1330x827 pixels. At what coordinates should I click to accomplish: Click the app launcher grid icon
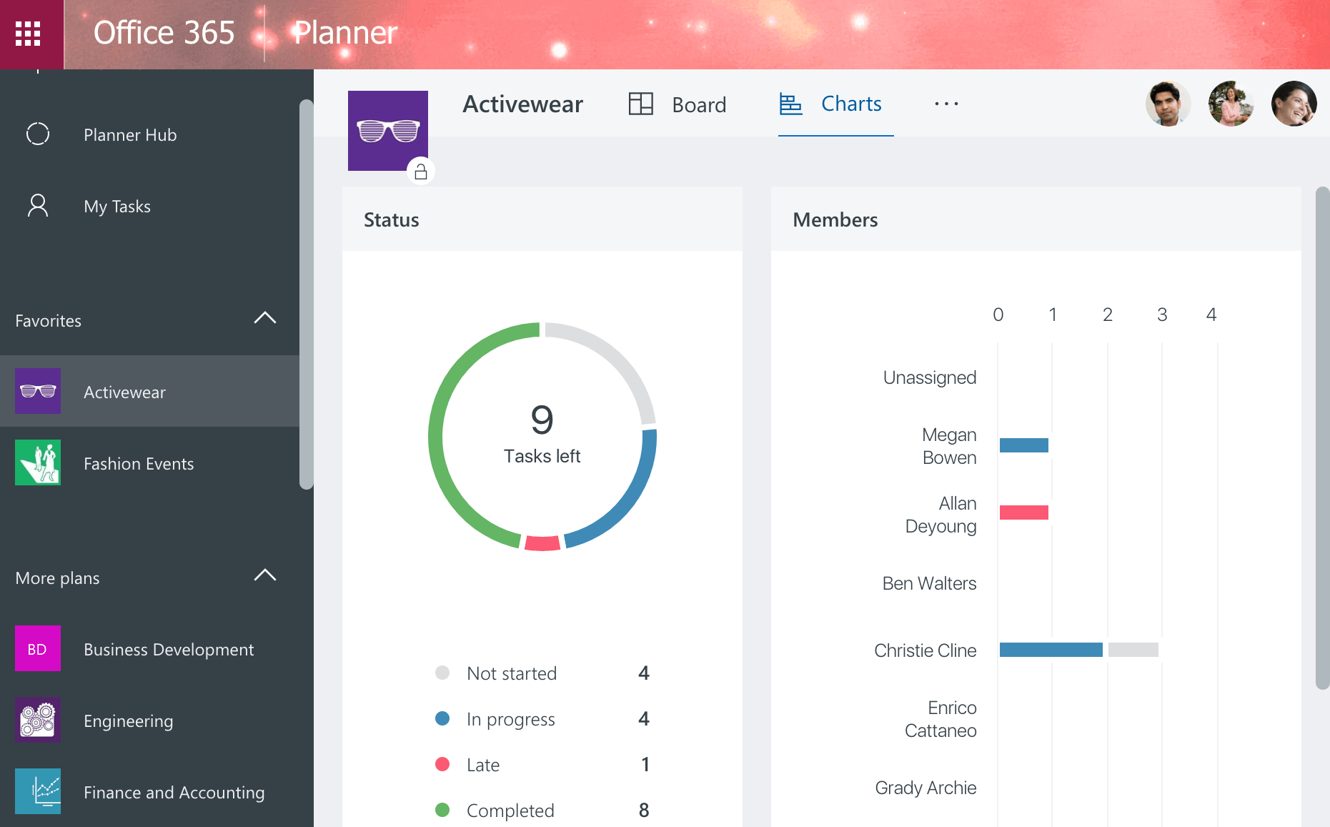pyautogui.click(x=28, y=34)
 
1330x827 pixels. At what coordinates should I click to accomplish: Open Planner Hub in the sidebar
pyautogui.click(x=129, y=134)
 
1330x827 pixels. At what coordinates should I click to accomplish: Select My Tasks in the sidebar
pyautogui.click(x=116, y=207)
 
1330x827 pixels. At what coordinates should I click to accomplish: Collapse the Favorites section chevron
pyautogui.click(x=264, y=318)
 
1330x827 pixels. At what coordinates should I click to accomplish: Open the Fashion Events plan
pyautogui.click(x=138, y=464)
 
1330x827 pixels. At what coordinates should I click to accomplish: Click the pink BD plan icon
pyautogui.click(x=38, y=648)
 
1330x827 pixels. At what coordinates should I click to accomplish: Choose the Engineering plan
pyautogui.click(x=128, y=720)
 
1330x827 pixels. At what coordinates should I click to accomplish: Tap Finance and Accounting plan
pyautogui.click(x=174, y=792)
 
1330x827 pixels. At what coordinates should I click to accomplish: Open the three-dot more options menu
pyautogui.click(x=946, y=104)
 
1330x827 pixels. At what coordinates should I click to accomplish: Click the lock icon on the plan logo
pyautogui.click(x=421, y=172)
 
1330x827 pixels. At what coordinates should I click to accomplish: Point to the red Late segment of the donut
pyautogui.click(x=542, y=543)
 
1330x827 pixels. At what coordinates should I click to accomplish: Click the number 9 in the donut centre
pyautogui.click(x=542, y=420)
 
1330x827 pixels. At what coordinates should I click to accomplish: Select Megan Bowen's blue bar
pyautogui.click(x=1023, y=445)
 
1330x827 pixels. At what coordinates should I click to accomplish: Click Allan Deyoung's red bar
pyautogui.click(x=1023, y=512)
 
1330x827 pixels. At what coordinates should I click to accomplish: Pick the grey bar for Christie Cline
pyautogui.click(x=1133, y=650)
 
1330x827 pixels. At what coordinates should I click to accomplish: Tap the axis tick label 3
pyautogui.click(x=1162, y=315)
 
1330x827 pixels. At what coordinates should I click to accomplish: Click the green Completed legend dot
pyautogui.click(x=442, y=810)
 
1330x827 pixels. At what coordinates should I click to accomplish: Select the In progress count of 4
pyautogui.click(x=644, y=718)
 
